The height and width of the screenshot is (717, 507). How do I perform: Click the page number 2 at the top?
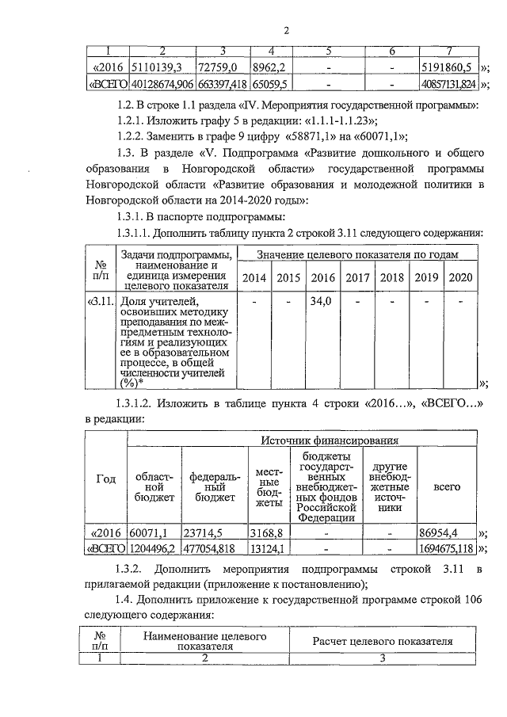pyautogui.click(x=288, y=31)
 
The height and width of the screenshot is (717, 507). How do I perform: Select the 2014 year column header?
pyautogui.click(x=253, y=278)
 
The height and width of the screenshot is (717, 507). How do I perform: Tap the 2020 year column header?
pyautogui.click(x=460, y=278)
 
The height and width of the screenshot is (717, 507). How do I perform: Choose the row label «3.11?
pyautogui.click(x=100, y=302)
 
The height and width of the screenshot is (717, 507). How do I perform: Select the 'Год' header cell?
pyautogui.click(x=105, y=479)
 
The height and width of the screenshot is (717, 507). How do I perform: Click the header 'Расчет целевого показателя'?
pyautogui.click(x=383, y=641)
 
